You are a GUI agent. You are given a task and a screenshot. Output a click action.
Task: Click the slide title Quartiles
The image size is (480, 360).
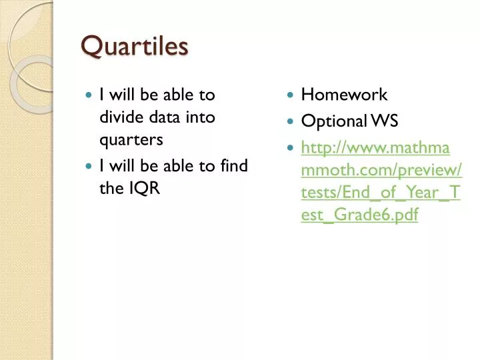[x=135, y=47]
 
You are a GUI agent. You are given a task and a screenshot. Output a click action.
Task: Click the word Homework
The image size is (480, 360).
[x=344, y=95]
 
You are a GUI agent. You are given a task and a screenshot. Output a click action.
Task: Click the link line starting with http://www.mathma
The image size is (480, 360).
[x=375, y=147]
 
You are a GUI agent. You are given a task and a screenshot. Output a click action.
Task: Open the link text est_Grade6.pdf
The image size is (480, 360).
[x=359, y=216]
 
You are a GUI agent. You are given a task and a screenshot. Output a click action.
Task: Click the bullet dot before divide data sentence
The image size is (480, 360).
[x=89, y=96]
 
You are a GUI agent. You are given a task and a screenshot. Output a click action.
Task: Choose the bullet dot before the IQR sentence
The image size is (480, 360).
[x=89, y=165]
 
